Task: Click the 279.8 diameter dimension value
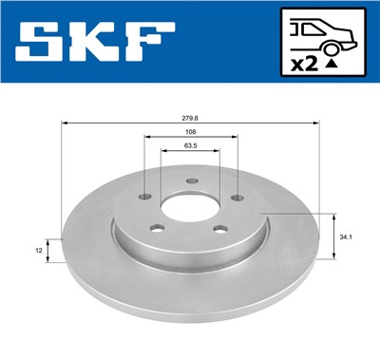(x=191, y=118)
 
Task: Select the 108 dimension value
(x=190, y=131)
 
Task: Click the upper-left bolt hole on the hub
(x=144, y=197)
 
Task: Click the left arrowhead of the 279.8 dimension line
(x=65, y=123)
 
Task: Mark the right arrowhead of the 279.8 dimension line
(x=316, y=123)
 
